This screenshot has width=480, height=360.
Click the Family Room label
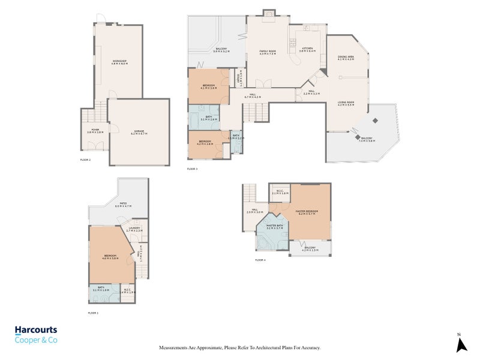(x=267, y=52)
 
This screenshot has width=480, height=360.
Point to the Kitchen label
(x=308, y=49)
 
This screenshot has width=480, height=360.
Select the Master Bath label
(x=275, y=227)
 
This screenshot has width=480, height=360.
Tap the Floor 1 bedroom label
(x=109, y=257)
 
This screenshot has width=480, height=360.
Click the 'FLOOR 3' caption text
(x=192, y=169)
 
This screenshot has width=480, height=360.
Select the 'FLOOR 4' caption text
(x=260, y=260)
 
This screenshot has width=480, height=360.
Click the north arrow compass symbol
(x=461, y=344)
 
